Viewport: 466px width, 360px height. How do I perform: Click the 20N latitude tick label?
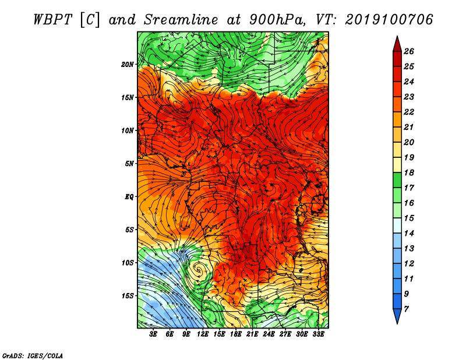coord(128,65)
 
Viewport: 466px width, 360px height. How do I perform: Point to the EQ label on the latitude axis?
coord(129,197)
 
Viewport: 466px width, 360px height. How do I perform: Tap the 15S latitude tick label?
coord(128,296)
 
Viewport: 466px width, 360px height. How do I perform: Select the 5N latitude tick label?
coord(129,164)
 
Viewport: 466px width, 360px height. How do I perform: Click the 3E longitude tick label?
coord(153,334)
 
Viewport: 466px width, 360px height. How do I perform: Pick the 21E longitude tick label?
coord(252,334)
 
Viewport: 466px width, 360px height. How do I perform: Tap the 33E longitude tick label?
coord(318,334)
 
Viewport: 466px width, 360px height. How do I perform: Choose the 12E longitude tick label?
coord(202,334)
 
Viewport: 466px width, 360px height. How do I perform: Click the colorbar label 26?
coord(409,51)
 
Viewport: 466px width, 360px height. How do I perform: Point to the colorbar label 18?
coord(409,172)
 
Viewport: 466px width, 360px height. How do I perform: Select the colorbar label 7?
coord(406,309)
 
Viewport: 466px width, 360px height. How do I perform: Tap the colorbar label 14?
coord(409,234)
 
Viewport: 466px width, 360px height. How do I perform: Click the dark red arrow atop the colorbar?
coord(397,44)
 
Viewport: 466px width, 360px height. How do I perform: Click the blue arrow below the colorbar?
coord(397,316)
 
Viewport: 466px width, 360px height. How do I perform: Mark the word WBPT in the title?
coord(52,20)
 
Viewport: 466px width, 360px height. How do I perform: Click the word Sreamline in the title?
coord(181,20)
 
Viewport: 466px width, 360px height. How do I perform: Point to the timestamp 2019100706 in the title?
coord(389,20)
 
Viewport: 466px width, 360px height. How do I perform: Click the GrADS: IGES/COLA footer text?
coord(33,356)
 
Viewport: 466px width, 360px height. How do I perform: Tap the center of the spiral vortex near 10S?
coord(198,270)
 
